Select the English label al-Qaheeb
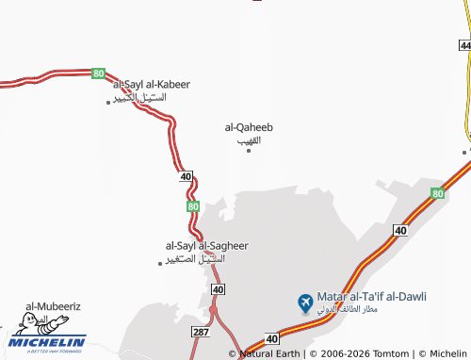(249, 126)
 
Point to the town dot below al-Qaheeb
(249, 150)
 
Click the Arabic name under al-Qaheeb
(249, 139)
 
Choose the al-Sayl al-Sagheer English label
(206, 245)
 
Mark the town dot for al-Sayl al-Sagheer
(160, 263)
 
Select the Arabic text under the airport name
(371, 309)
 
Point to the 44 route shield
(463, 45)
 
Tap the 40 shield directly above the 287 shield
(218, 289)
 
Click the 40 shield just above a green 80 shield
(186, 176)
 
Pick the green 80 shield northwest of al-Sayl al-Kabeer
(98, 73)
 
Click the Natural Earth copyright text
(270, 353)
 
